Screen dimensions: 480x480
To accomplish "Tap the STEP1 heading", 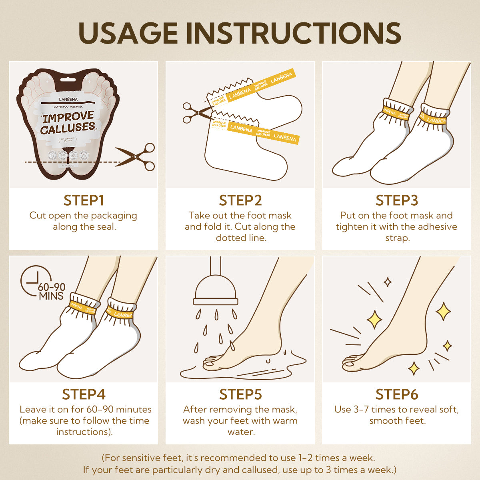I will pos(84,200).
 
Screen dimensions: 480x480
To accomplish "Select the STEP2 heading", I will pos(240,200).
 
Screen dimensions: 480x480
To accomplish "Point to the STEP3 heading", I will pos(397,200).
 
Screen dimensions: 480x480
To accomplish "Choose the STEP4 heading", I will pos(84,394).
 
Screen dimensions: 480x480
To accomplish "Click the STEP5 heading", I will pos(240,394).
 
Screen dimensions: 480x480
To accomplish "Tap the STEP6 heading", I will pos(397,394).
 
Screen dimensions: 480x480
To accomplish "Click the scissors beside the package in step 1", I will pos(136,157).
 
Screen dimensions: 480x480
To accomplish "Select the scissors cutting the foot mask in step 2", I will pos(196,113).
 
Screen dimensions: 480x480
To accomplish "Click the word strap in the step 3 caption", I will pos(397,238).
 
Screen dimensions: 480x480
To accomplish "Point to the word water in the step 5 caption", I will pos(241,432).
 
